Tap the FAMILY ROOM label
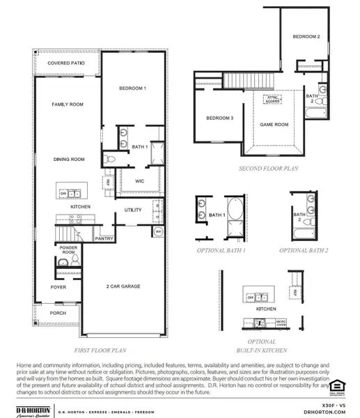click(68, 104)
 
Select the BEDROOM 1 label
click(134, 89)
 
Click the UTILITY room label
click(133, 209)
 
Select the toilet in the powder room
click(63, 262)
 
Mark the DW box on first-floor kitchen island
click(63, 193)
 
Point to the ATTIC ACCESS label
click(272, 100)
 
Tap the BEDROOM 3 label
click(219, 118)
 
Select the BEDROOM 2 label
click(306, 37)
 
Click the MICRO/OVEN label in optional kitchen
click(281, 323)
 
